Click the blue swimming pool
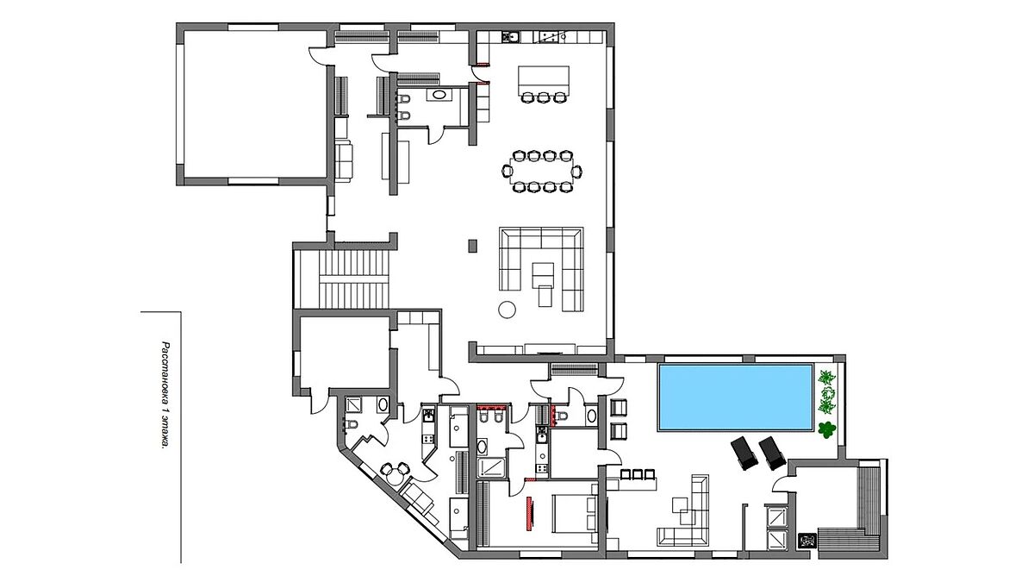pos(736,397)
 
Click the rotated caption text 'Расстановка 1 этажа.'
pos(165,396)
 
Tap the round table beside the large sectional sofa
pos(507,309)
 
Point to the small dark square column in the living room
pos(472,245)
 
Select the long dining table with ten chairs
pos(541,172)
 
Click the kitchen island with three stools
pos(544,84)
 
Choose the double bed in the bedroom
pos(574,513)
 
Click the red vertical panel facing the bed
pos(528,512)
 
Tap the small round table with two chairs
pos(394,473)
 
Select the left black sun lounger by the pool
pos(744,454)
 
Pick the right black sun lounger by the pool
pos(772,453)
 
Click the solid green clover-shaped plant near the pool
pos(827,429)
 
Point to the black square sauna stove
pos(807,541)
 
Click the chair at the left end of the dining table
pos(507,172)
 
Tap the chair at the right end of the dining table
pos(576,172)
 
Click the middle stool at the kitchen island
pos(544,97)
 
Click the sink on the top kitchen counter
pos(511,36)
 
